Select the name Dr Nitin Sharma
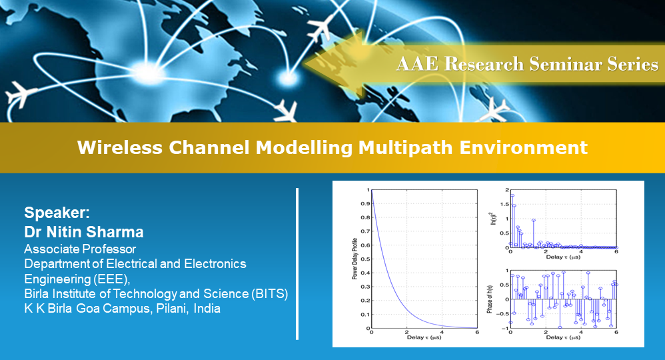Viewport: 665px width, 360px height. click(84, 232)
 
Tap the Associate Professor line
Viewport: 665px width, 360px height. click(80, 249)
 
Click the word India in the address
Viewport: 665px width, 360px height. click(207, 309)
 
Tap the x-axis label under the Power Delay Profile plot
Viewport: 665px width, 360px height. click(424, 337)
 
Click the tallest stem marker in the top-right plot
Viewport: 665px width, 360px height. click(512, 195)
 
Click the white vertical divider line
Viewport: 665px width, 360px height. click(297, 264)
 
